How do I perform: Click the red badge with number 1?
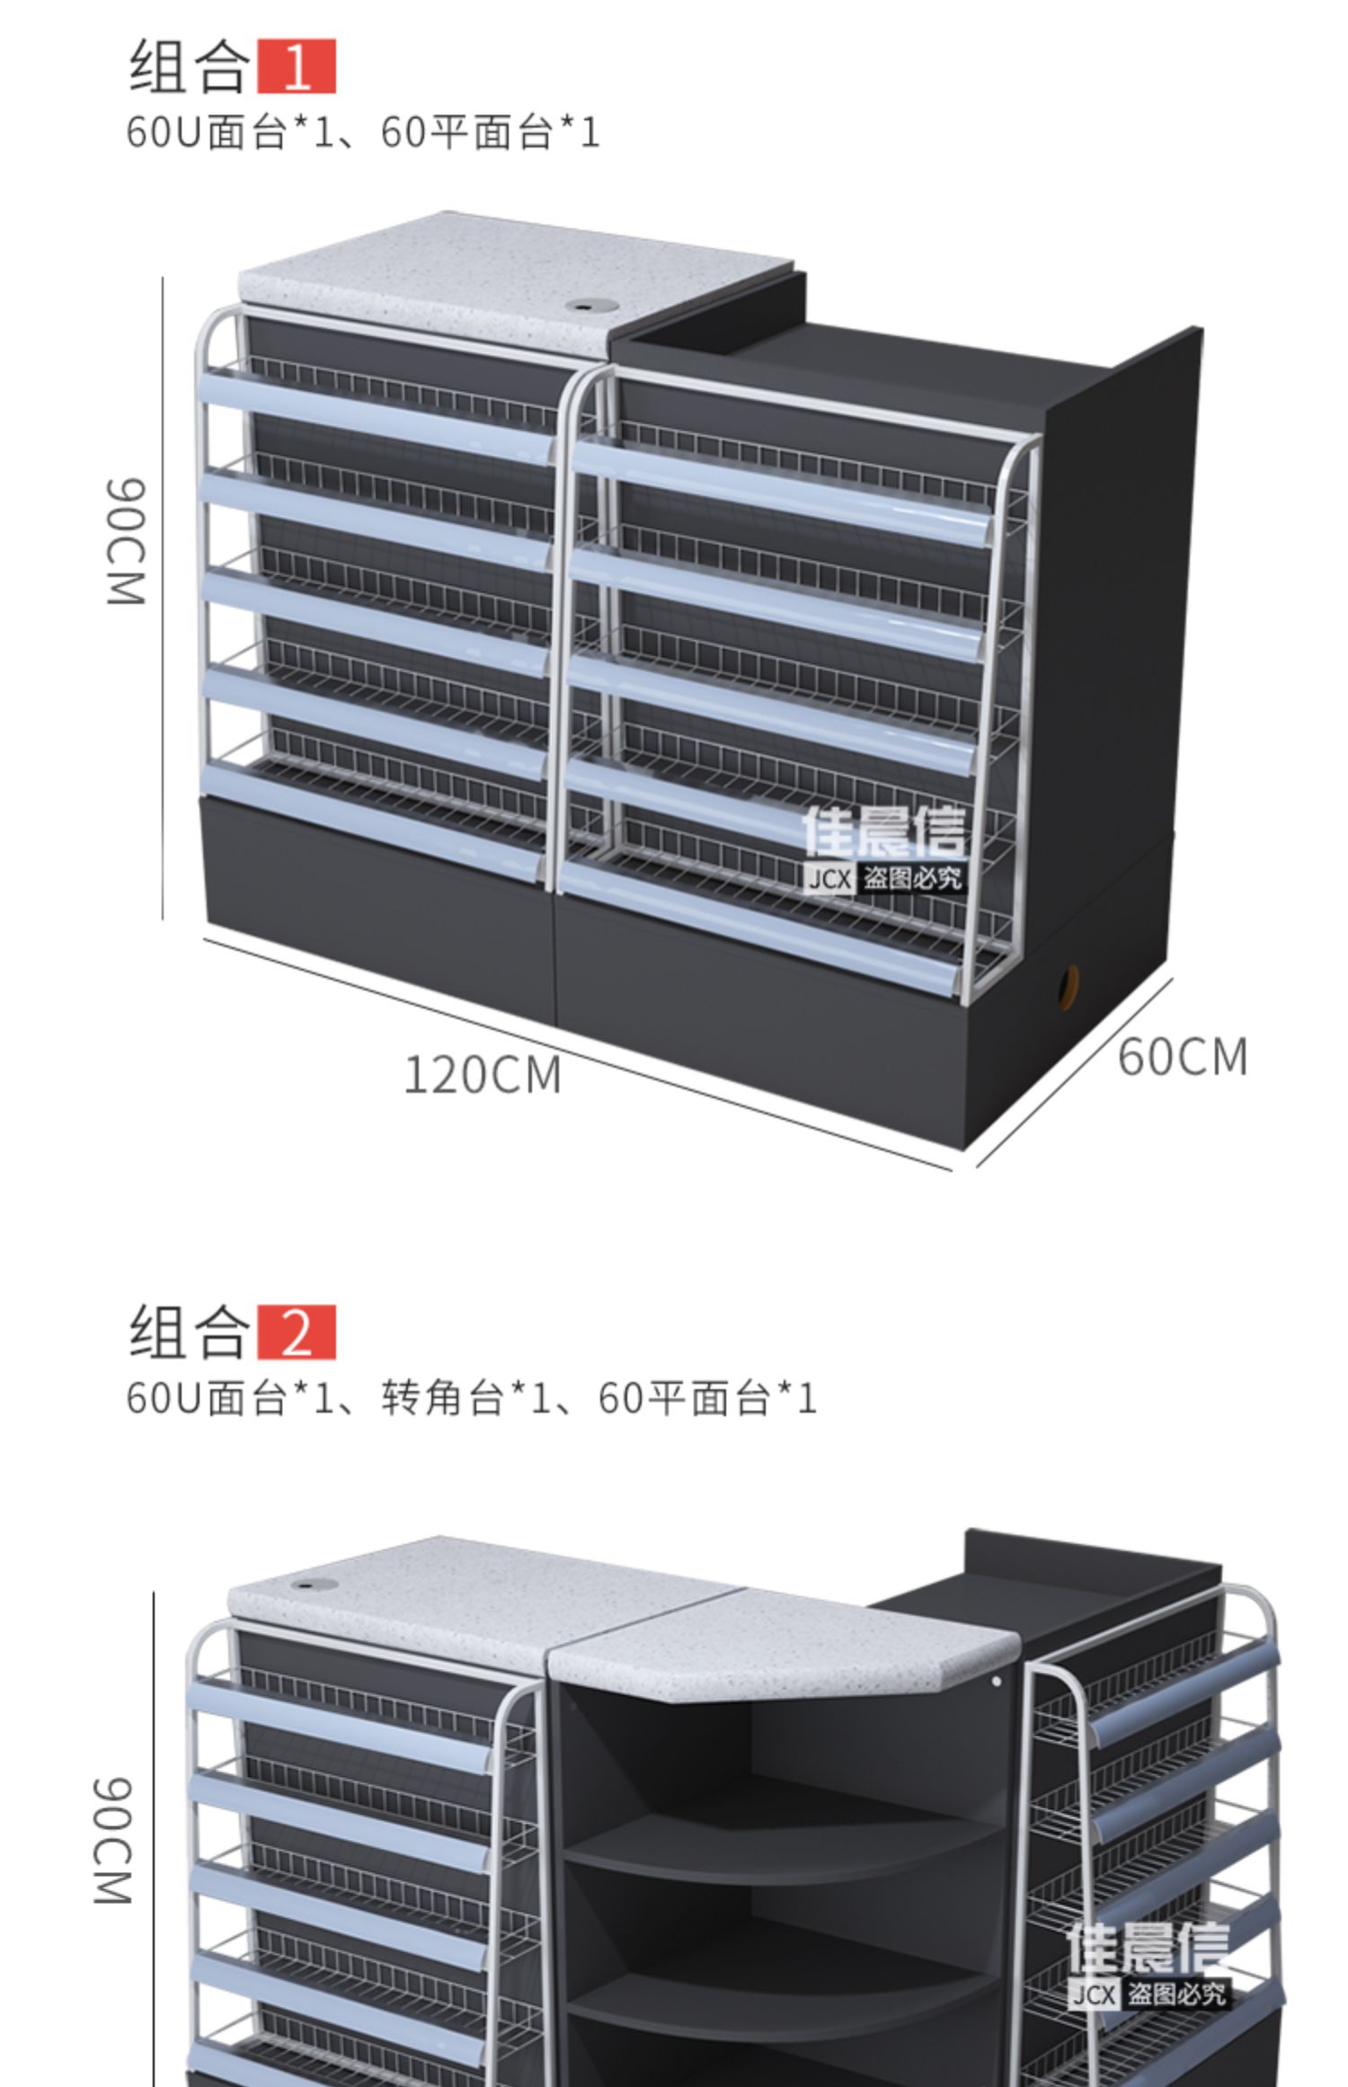[x=296, y=66]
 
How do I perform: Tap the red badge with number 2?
[x=296, y=1331]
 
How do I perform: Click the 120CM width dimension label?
[x=483, y=1075]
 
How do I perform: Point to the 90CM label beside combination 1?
[x=126, y=542]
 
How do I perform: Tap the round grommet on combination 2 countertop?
[x=314, y=1585]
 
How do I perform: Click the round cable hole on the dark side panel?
[x=1068, y=986]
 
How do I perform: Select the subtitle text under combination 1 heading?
[x=362, y=132]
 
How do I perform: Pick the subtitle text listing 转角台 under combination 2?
[x=471, y=1398]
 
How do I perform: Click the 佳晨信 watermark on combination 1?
[x=883, y=848]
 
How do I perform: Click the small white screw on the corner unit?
[x=996, y=1681]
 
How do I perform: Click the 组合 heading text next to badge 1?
[x=189, y=67]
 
